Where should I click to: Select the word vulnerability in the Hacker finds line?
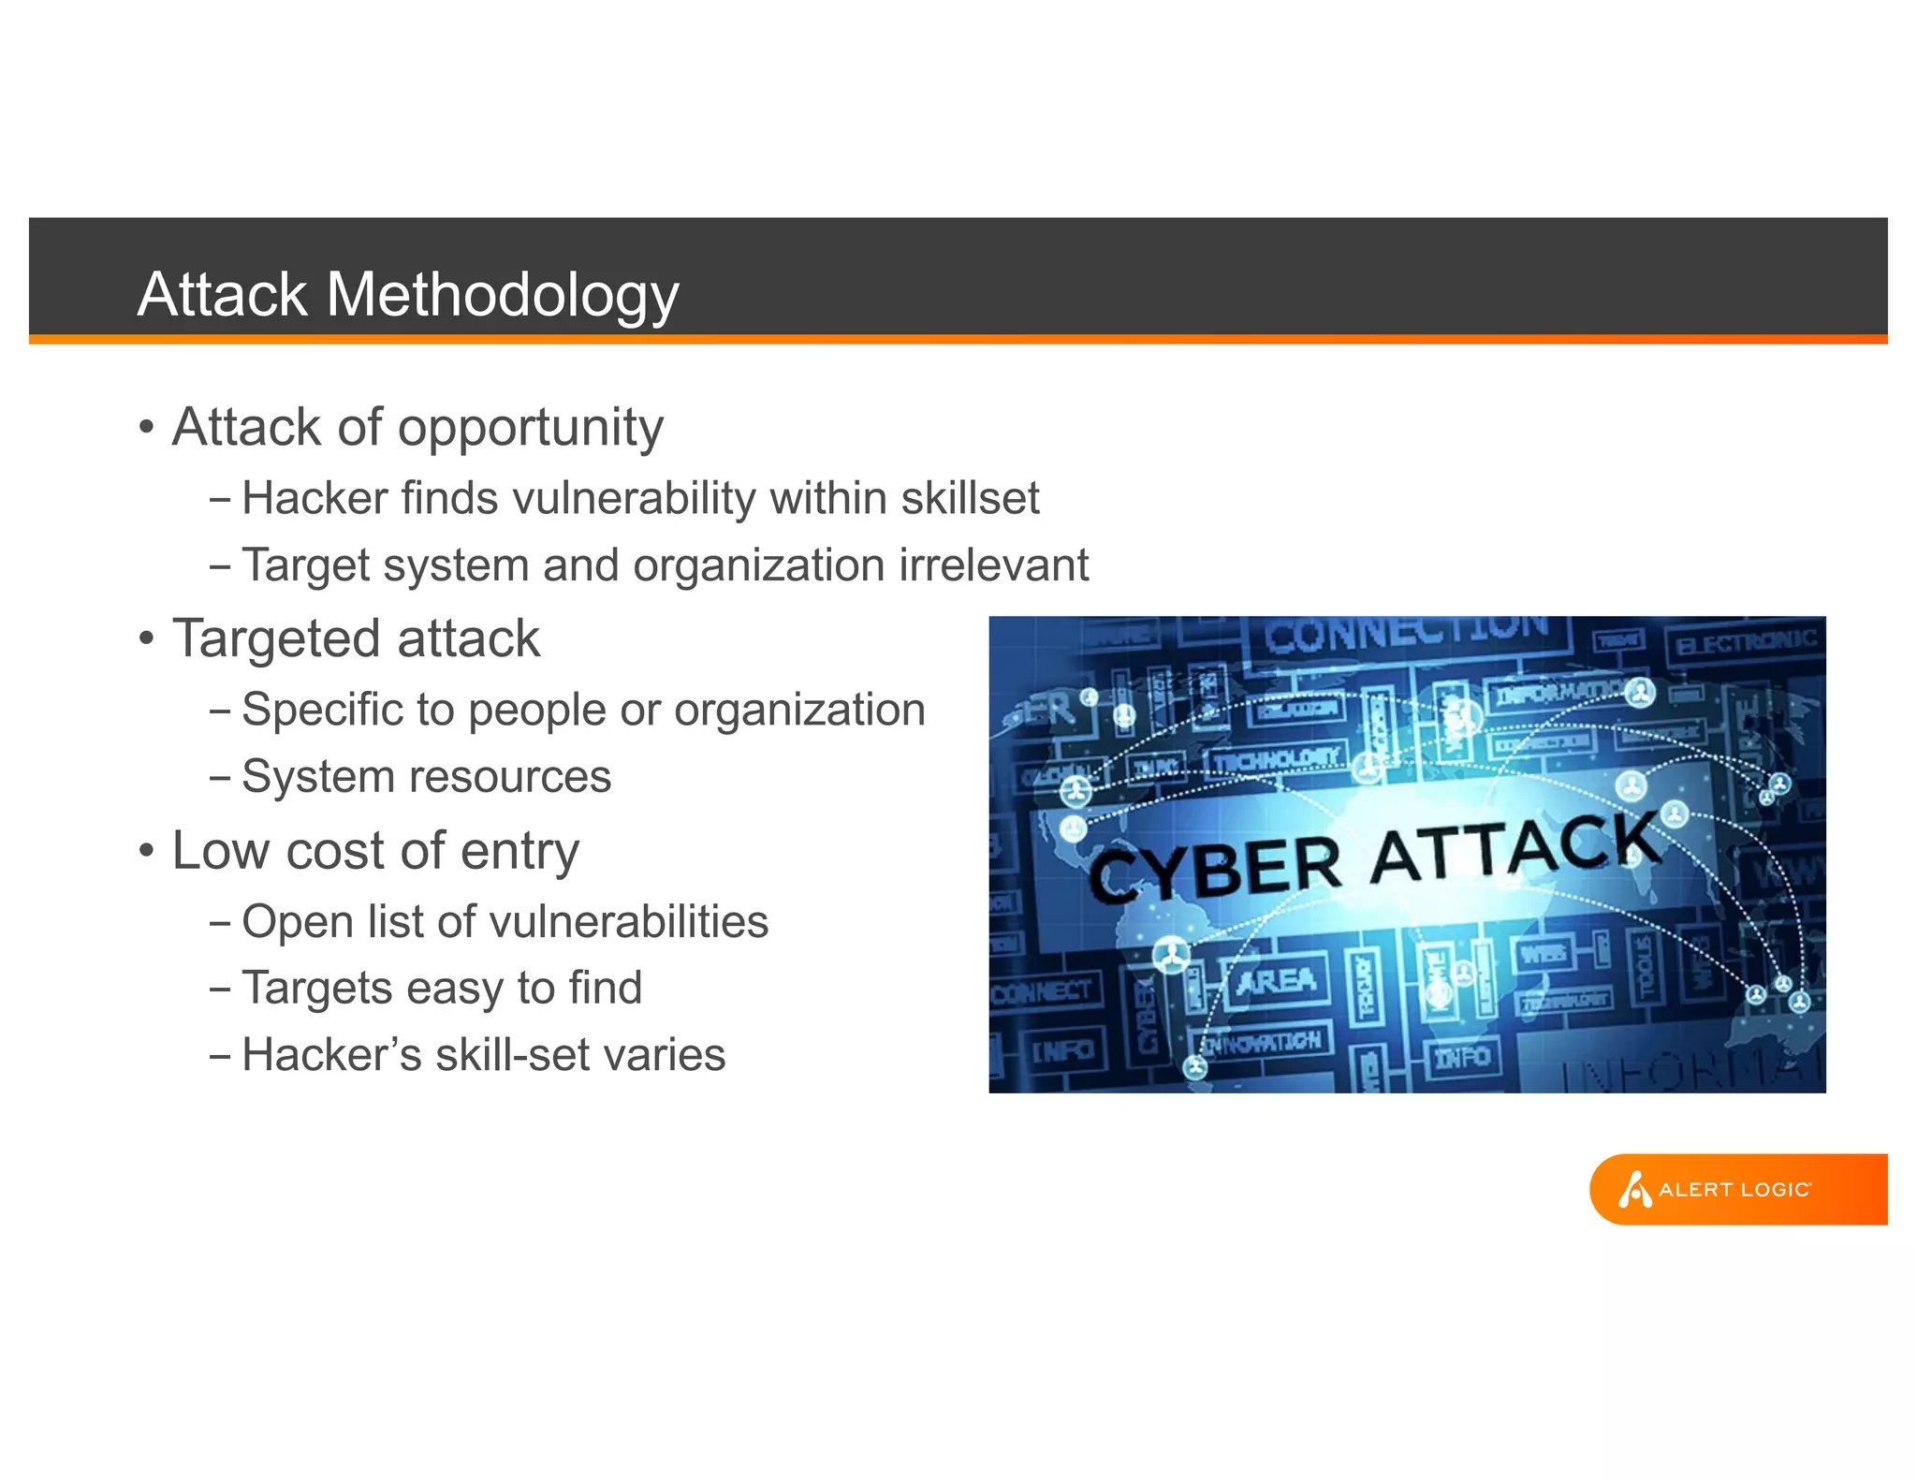coord(635,498)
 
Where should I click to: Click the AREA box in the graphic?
coord(1277,981)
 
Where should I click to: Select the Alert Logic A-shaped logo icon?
coord(1634,1190)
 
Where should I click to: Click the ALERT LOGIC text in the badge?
coord(1734,1190)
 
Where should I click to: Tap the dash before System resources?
coord(220,778)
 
